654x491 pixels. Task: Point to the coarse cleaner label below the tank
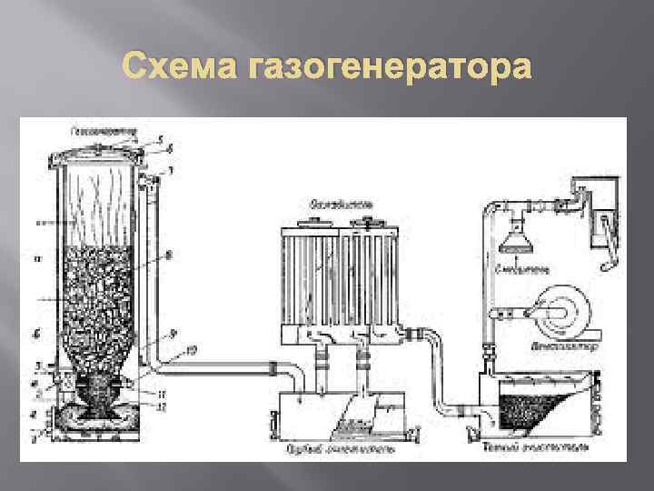point(327,447)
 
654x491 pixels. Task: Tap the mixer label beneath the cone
point(520,270)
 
